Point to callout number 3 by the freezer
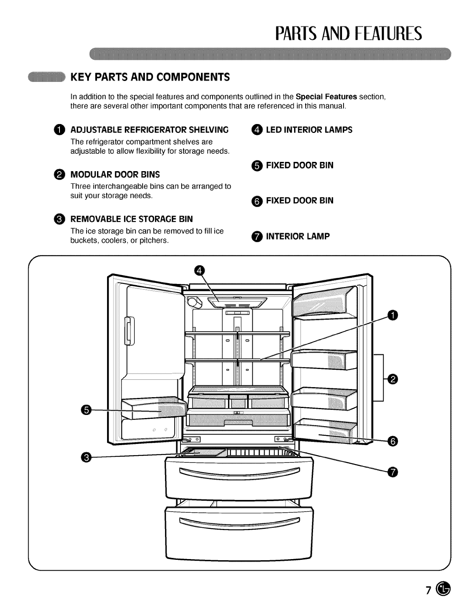click(87, 457)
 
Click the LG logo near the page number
click(443, 589)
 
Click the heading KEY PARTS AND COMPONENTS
click(150, 77)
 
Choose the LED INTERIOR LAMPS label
click(309, 130)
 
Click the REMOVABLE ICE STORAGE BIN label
click(131, 219)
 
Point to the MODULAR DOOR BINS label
click(115, 174)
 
